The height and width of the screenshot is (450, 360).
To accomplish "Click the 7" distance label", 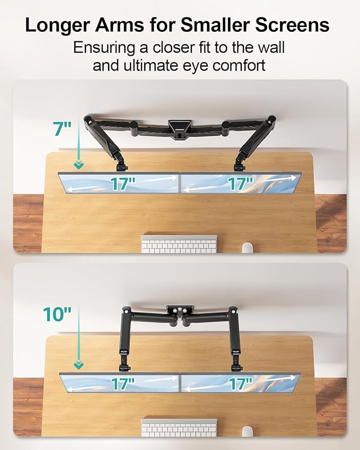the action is tap(62, 129).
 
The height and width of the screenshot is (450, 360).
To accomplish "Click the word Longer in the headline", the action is tap(57, 25).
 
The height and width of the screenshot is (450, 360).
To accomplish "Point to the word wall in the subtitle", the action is tap(270, 47).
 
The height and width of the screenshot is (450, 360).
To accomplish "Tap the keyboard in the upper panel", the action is tap(179, 244).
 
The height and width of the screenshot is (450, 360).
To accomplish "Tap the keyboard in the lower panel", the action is tap(179, 428).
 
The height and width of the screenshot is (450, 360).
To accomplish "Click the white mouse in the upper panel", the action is tap(247, 248).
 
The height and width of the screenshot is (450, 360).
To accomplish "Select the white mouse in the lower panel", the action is tap(247, 431).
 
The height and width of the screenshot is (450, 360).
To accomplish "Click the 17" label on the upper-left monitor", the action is tap(123, 184).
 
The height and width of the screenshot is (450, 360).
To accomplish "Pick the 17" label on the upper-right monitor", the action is tap(241, 183).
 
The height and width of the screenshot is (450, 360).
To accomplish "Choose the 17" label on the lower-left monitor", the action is tap(123, 384).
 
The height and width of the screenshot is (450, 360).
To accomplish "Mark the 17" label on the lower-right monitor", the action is tap(241, 384).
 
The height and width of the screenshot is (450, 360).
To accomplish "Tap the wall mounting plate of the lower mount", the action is tap(180, 310).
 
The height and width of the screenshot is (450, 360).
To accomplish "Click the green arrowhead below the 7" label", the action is tap(78, 165).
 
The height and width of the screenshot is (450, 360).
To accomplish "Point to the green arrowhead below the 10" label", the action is tap(78, 365).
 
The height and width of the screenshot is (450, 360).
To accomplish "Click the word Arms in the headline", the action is tap(120, 25).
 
